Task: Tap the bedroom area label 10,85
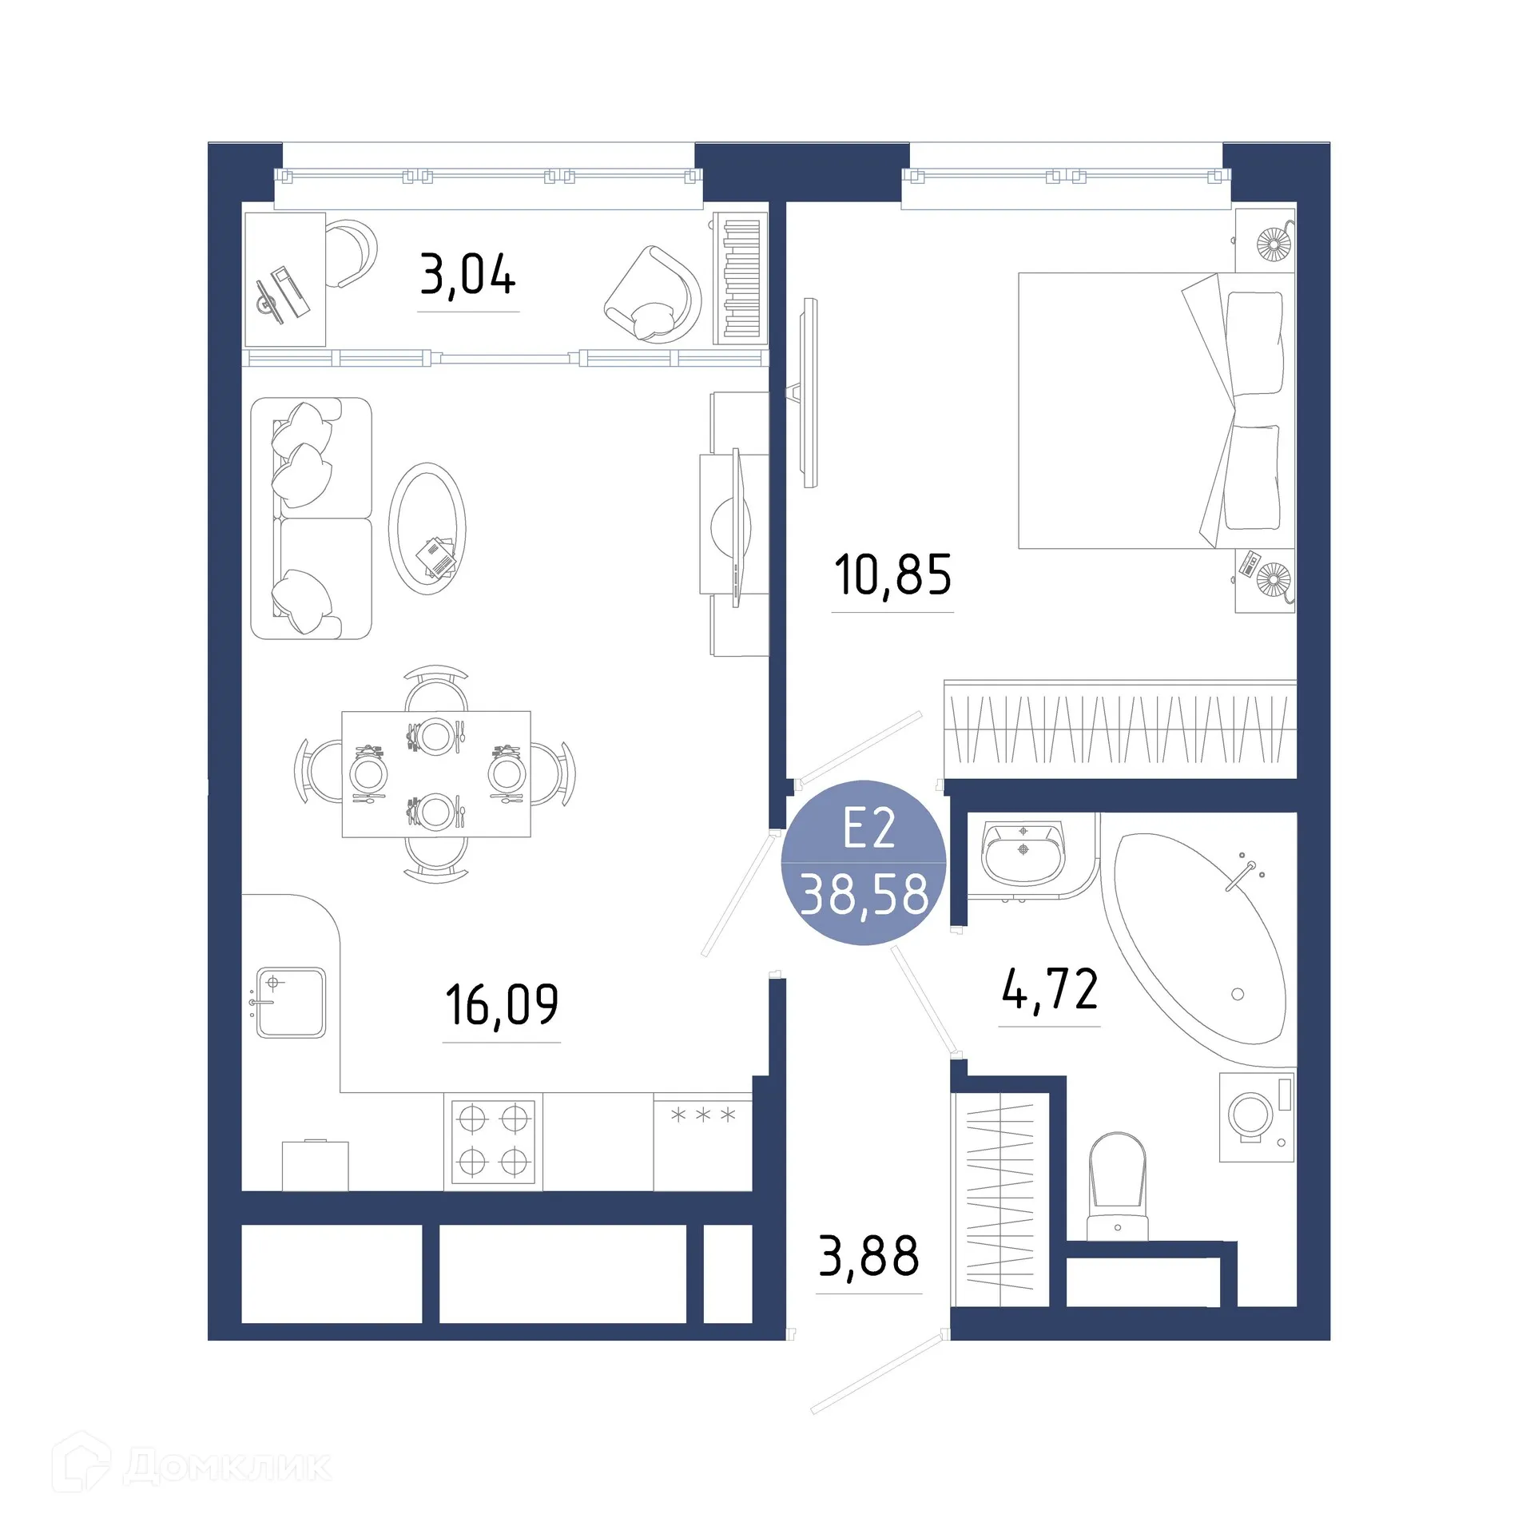(892, 575)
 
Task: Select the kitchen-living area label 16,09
(502, 1004)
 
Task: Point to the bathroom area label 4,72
(1050, 989)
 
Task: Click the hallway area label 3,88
(869, 1256)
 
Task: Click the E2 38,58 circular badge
(864, 862)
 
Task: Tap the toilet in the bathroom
(1118, 1183)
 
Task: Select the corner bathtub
(1194, 940)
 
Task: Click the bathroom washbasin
(1023, 852)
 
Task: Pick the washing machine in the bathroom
(1256, 1116)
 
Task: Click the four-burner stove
(493, 1140)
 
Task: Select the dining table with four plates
(436, 773)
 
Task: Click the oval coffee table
(427, 528)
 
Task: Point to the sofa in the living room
(312, 519)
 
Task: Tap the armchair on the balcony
(653, 295)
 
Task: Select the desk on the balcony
(284, 279)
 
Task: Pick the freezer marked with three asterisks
(702, 1141)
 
